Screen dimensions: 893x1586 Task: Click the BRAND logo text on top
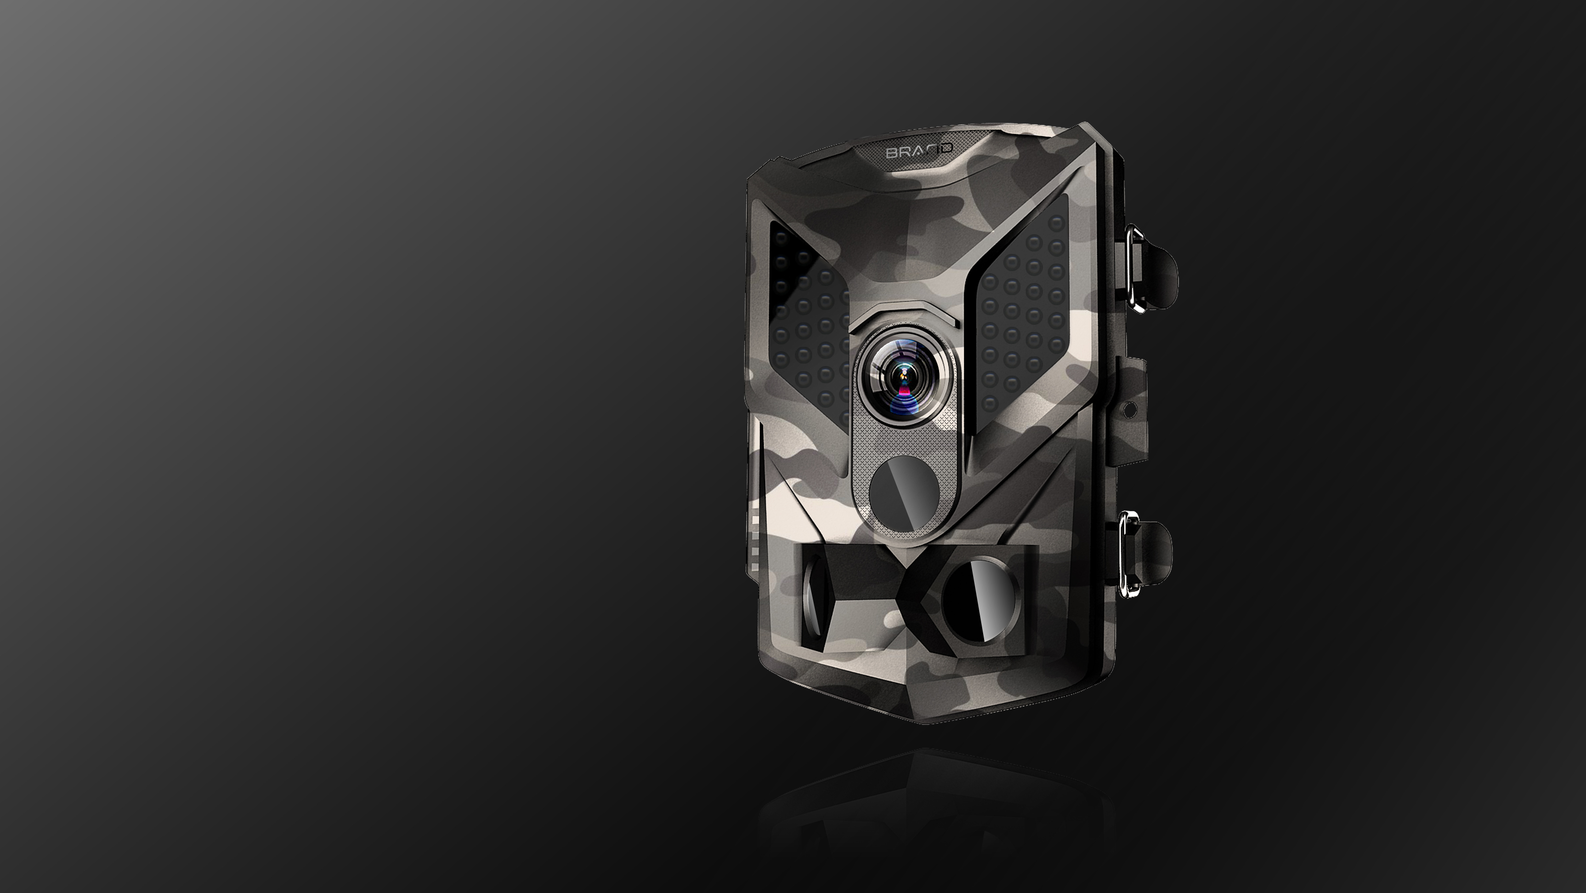(920, 151)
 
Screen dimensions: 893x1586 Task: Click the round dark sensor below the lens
(904, 492)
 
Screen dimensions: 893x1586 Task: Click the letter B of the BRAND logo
(891, 153)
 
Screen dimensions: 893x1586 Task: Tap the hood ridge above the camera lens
(905, 311)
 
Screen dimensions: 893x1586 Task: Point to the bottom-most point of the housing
(929, 723)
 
